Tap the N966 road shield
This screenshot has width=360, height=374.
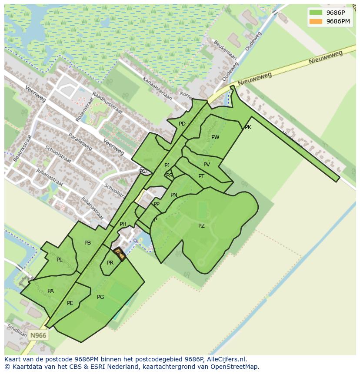click(38, 335)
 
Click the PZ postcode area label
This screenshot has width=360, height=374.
click(201, 226)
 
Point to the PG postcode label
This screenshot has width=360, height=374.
click(100, 297)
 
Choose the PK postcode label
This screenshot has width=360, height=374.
click(248, 127)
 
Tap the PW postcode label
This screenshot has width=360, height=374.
click(215, 137)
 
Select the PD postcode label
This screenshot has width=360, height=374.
click(182, 124)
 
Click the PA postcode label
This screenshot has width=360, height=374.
click(50, 291)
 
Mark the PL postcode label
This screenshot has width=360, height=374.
click(59, 260)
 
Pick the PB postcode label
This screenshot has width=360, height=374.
click(88, 243)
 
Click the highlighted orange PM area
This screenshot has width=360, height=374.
click(120, 254)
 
